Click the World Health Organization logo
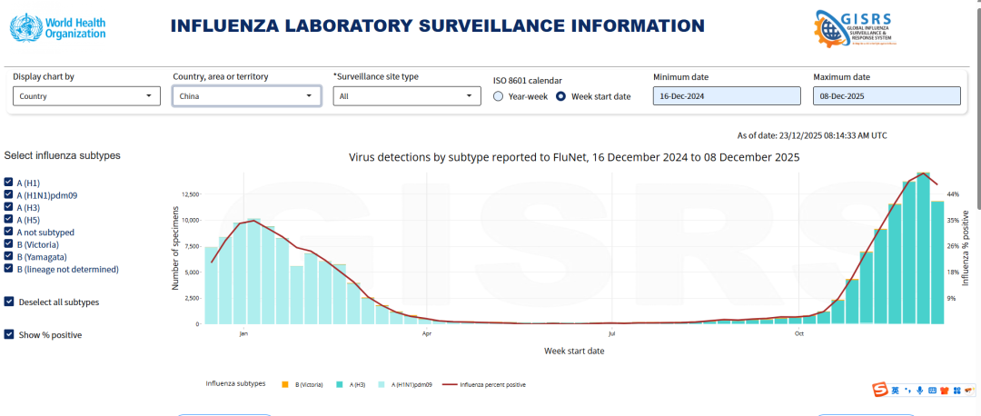(58, 26)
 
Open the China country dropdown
(246, 95)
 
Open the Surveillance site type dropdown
(406, 95)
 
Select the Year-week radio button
(499, 96)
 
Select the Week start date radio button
(561, 96)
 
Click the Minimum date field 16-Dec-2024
(726, 95)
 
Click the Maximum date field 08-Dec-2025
(886, 95)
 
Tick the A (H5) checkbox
(9, 220)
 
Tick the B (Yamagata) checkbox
(9, 257)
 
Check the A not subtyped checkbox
(9, 233)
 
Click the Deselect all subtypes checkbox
(9, 302)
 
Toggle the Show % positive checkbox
(9, 335)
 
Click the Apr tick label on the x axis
(427, 333)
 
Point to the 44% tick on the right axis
(953, 194)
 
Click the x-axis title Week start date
(574, 351)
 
